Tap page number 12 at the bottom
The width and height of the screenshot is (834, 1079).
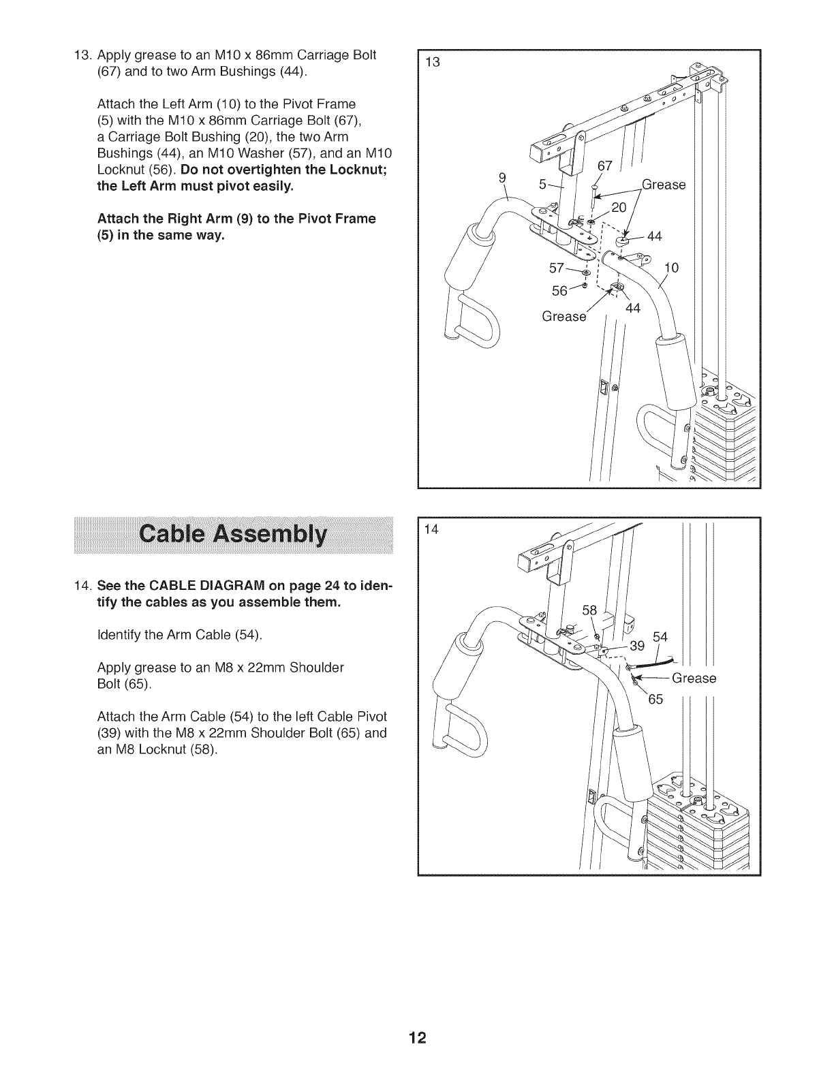click(x=417, y=1038)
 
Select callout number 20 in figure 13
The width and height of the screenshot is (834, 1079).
click(x=619, y=208)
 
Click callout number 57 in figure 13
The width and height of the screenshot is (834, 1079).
click(x=557, y=268)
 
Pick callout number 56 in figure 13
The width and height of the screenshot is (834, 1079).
click(x=559, y=291)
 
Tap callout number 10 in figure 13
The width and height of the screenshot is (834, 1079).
click(x=671, y=268)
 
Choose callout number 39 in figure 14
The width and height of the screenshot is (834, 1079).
click(x=636, y=646)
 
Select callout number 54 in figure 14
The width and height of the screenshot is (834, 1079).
click(x=660, y=638)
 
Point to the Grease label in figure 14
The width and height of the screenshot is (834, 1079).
click(x=694, y=678)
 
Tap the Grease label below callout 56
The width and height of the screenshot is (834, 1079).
click(x=563, y=317)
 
